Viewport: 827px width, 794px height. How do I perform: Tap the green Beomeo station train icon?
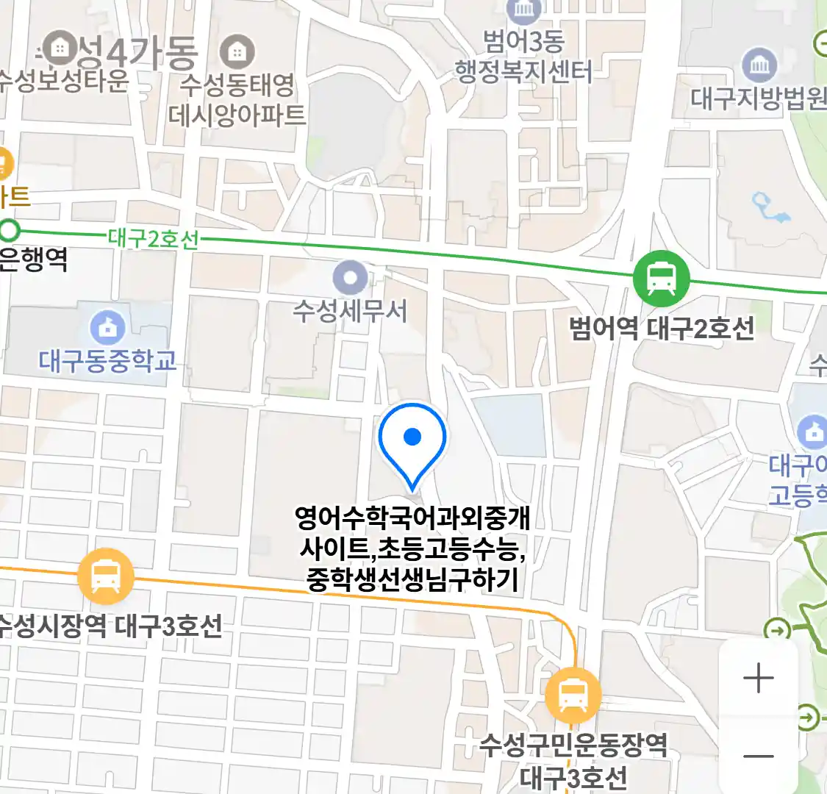click(x=662, y=279)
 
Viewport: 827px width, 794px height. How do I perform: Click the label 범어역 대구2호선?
click(x=662, y=328)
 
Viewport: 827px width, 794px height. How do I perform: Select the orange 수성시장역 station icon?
click(x=106, y=576)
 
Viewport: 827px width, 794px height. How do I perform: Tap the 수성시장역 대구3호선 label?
click(x=110, y=626)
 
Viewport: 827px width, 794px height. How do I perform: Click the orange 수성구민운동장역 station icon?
click(x=573, y=694)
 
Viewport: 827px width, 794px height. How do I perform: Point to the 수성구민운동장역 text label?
click(x=573, y=745)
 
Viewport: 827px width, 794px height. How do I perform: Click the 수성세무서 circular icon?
click(x=350, y=279)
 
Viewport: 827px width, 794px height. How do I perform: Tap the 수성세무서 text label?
click(x=350, y=311)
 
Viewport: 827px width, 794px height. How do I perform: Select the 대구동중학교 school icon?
click(x=107, y=328)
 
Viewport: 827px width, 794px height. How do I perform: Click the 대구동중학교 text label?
click(x=108, y=361)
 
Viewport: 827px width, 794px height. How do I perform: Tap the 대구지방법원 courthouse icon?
click(x=759, y=66)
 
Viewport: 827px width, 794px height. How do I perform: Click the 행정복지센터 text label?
click(x=523, y=71)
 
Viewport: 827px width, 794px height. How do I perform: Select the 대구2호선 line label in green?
click(x=154, y=239)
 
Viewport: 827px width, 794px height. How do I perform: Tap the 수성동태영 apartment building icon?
click(x=237, y=52)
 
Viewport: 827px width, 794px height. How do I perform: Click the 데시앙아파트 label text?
click(x=237, y=115)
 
